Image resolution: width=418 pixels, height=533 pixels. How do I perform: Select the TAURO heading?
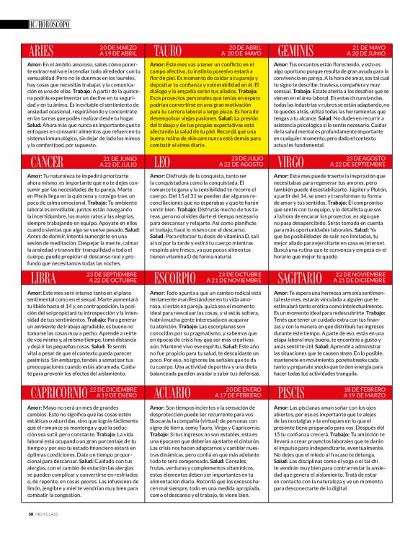coord(171,51)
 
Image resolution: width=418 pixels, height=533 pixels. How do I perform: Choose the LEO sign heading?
coord(162,161)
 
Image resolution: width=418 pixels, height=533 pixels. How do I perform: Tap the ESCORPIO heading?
coord(179,277)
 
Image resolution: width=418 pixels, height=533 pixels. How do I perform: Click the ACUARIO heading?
coord(177,392)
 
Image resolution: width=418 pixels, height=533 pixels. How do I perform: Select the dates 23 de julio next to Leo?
coord(237,161)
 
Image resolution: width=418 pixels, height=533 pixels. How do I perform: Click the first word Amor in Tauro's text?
coord(159,64)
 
